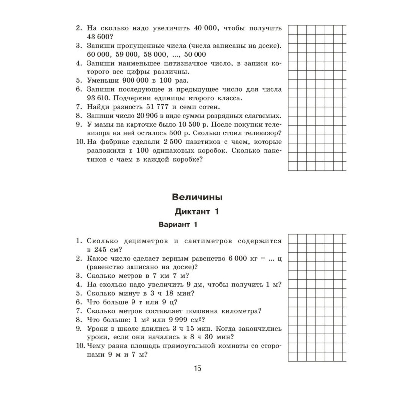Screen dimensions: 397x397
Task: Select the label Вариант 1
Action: click(x=178, y=225)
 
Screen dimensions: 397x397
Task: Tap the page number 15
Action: click(x=197, y=368)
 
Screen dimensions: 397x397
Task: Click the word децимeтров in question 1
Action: click(x=148, y=241)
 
